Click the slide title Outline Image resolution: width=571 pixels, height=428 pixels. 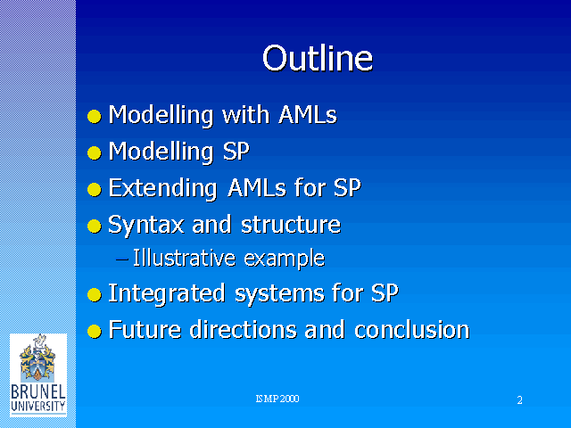[318, 58]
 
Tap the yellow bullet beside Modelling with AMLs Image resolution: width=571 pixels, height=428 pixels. [95, 117]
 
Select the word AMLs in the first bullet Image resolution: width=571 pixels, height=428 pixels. [308, 115]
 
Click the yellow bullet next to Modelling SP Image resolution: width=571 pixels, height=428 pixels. [95, 152]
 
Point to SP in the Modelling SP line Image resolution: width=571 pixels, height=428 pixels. [236, 151]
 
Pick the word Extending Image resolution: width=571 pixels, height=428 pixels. [162, 188]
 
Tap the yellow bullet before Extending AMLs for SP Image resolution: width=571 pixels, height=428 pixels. [95, 189]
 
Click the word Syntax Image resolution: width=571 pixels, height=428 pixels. [146, 226]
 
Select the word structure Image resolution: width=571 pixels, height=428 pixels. [291, 225]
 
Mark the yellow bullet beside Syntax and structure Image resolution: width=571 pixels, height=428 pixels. [95, 226]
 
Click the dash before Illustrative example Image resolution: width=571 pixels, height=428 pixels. [121, 259]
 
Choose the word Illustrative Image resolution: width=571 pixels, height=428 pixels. [184, 258]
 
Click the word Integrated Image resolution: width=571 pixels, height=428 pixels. [167, 293]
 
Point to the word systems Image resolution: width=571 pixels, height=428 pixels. [279, 294]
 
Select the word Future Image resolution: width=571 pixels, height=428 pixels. [145, 330]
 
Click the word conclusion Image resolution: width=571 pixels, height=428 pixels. [412, 330]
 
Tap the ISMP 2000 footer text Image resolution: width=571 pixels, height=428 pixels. [277, 399]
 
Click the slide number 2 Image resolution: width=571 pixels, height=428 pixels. [519, 400]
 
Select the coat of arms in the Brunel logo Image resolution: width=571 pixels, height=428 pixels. [37, 358]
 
